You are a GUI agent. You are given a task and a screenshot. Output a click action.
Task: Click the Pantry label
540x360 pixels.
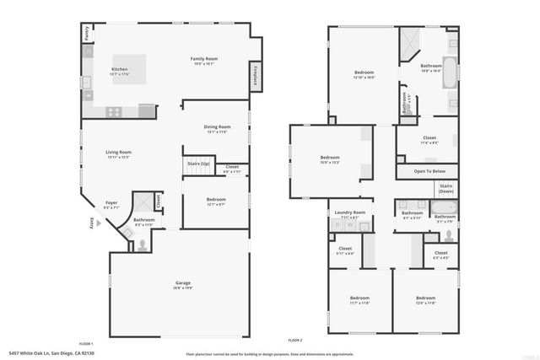coord(87,33)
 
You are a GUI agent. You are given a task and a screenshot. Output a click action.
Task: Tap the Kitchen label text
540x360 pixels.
coord(120,69)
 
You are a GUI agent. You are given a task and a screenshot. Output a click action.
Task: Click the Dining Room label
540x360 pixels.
coord(217,127)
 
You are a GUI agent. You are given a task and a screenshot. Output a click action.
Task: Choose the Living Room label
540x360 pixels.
coord(119,153)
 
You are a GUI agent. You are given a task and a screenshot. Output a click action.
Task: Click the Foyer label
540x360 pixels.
coord(111,202)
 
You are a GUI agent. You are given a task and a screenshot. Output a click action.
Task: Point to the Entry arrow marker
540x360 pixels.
coord(98,223)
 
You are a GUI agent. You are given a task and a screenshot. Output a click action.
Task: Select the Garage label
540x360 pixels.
coord(182,282)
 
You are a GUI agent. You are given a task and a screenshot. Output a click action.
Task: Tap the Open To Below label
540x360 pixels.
coord(429,171)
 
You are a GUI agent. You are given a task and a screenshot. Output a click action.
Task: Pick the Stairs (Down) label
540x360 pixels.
coord(446,188)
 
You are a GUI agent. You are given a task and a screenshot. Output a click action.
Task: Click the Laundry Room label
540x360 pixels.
coord(349,212)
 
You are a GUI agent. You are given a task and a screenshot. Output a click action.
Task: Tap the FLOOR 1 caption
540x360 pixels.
coord(86,343)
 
